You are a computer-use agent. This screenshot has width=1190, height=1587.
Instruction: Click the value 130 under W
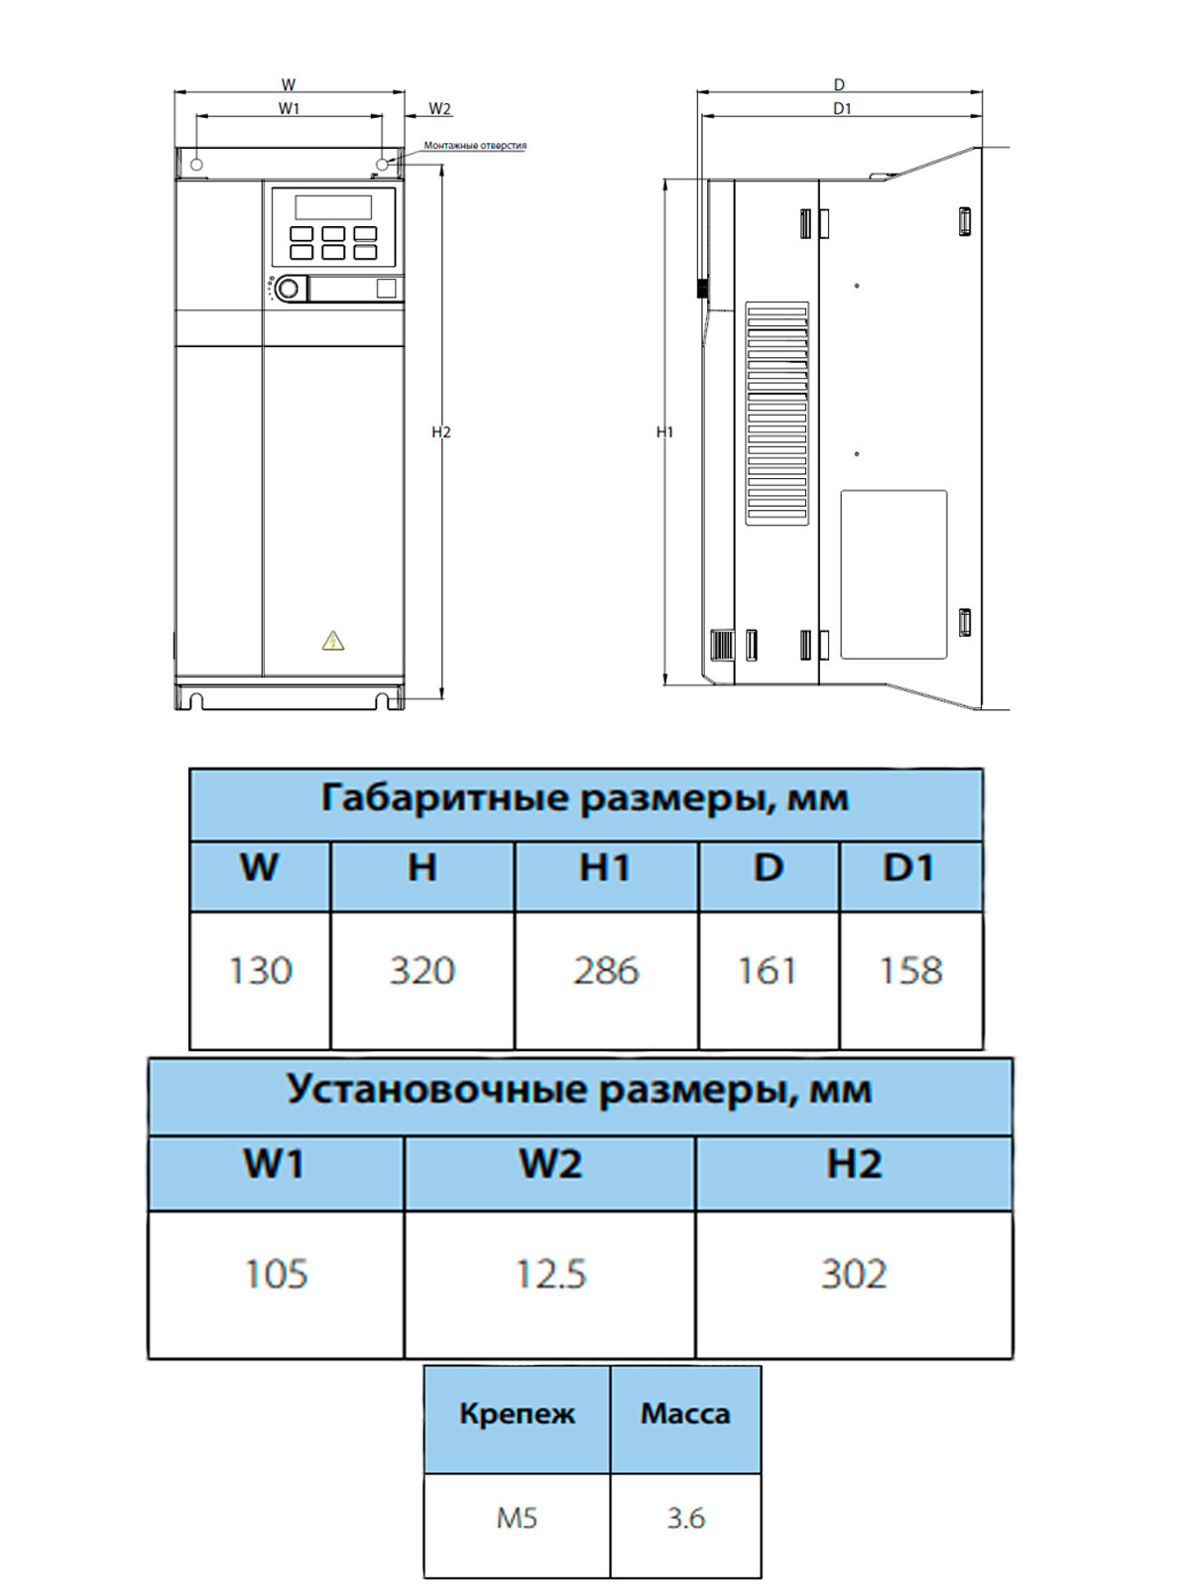point(260,970)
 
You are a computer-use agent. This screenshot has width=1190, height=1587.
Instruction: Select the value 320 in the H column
point(421,970)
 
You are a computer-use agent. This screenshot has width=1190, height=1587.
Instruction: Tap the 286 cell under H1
point(606,970)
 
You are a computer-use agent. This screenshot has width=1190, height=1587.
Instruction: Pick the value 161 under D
point(768,970)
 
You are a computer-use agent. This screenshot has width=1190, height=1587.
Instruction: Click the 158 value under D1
point(910,970)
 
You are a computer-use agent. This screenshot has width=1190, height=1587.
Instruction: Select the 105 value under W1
point(276,1274)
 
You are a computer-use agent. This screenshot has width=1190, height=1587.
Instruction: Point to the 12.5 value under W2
point(550,1274)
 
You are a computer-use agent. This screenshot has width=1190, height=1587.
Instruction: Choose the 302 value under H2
point(854,1274)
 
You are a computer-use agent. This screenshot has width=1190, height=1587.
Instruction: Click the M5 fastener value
point(517,1518)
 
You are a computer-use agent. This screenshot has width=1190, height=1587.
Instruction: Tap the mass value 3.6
point(685,1518)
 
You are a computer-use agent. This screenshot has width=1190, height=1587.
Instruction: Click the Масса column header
point(685,1413)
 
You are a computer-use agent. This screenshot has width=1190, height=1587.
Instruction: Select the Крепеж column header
point(517,1413)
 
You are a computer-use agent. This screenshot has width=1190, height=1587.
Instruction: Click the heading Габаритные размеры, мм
point(585,797)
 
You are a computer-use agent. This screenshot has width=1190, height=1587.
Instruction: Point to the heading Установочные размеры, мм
point(579,1089)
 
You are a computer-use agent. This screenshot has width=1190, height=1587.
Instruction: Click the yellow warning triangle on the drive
point(333,641)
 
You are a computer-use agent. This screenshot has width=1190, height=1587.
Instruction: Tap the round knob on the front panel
point(289,289)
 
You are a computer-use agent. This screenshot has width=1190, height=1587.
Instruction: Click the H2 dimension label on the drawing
point(441,432)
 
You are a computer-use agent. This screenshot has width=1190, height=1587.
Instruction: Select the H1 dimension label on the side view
point(664,432)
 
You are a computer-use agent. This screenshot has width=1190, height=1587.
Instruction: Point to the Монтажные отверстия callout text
point(475,146)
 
